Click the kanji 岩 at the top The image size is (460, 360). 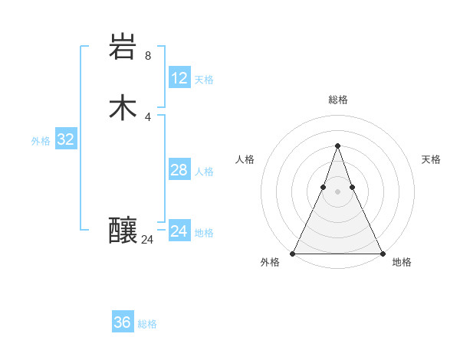coord(123,47)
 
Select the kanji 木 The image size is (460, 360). coord(123,108)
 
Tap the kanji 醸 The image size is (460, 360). coord(123,230)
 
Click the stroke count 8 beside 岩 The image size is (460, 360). coord(148,55)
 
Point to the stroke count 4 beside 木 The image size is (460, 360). coord(148,116)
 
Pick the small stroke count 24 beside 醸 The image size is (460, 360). coord(147,239)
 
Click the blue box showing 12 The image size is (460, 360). coord(179,78)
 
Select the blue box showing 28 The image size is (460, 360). coord(179,170)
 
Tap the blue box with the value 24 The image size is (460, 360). coord(179,231)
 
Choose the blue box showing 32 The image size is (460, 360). coord(65,139)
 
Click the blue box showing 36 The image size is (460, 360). coord(123,322)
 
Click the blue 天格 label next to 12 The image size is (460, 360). coord(204,80)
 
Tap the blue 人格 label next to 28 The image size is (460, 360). coord(204,172)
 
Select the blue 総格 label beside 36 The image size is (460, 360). coord(147,324)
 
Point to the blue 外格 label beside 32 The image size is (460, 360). coord(41,141)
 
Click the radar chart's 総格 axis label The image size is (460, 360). coord(337,100)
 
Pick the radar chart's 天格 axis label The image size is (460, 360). coord(431,159)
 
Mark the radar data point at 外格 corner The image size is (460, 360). coord(294,254)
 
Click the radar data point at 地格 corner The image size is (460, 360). coord(381,254)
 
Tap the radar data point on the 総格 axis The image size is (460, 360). coord(337,146)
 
